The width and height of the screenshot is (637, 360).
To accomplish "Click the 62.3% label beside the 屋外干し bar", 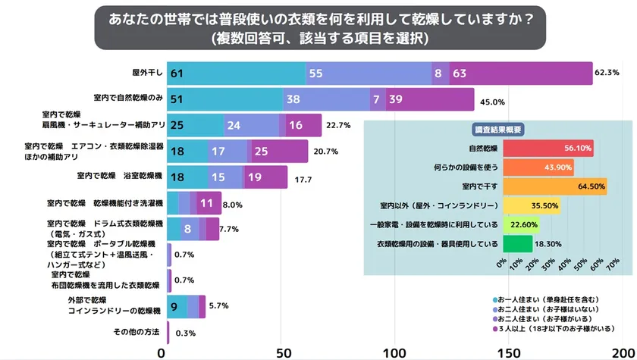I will coord(609,73).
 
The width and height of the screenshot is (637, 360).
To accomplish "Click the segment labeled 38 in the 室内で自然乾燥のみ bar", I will coord(326,99).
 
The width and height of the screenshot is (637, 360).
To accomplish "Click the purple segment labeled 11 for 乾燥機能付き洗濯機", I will coord(206,203).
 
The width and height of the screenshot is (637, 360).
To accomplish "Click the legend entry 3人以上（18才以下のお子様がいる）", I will coord(558,330).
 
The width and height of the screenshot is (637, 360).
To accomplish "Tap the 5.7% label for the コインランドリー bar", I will coord(218,306).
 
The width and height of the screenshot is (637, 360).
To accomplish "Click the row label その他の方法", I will coord(136,332).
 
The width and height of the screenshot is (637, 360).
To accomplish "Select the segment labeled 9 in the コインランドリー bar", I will coord(175,306).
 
